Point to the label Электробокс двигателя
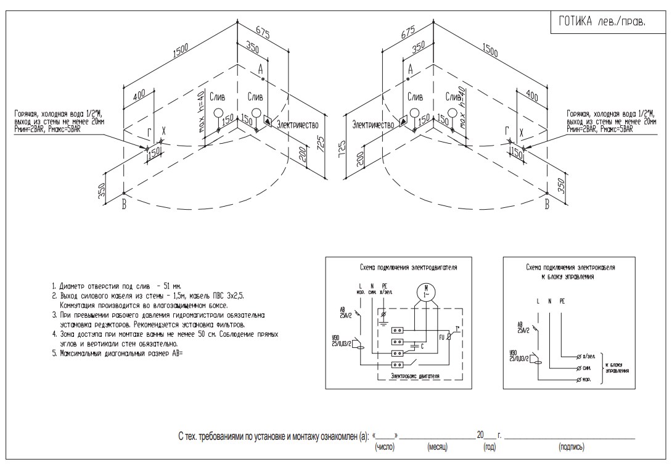[x=414, y=376]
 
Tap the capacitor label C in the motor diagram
[x=421, y=346]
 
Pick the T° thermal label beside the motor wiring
[x=457, y=328]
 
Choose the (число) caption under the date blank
[x=385, y=446]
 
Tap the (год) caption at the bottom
[x=486, y=446]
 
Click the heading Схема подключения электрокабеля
[x=570, y=269]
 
